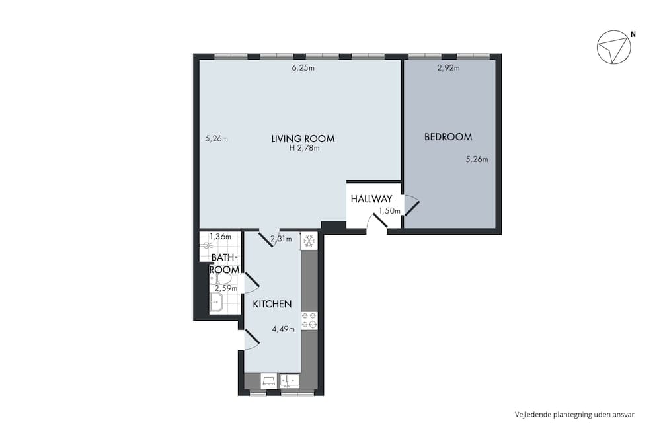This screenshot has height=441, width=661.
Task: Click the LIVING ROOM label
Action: pyautogui.click(x=303, y=139)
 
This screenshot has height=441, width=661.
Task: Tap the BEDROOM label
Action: pyautogui.click(x=448, y=137)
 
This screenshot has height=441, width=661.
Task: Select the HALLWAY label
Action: pyautogui.click(x=371, y=198)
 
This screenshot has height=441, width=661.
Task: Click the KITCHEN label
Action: pyautogui.click(x=272, y=304)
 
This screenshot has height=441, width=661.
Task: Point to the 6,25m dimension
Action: pyautogui.click(x=303, y=68)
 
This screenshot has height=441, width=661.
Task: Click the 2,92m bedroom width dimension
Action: pyautogui.click(x=449, y=67)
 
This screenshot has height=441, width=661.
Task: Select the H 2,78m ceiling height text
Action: pyautogui.click(x=304, y=148)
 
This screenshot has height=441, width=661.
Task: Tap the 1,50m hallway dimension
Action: pyautogui.click(x=389, y=211)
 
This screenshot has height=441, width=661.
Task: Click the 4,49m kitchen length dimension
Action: pyautogui.click(x=283, y=328)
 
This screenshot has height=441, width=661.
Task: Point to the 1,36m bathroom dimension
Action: pyautogui.click(x=220, y=236)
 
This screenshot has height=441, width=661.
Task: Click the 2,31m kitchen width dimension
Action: pyautogui.click(x=281, y=239)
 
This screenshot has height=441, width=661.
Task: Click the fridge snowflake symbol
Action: pyautogui.click(x=309, y=241)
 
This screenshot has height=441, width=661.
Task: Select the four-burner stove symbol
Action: pyautogui.click(x=309, y=321)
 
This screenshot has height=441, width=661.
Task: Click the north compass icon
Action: pyautogui.click(x=613, y=48)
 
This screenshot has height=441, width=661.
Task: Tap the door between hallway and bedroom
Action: pyautogui.click(x=411, y=206)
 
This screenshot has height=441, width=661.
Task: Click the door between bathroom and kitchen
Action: pyautogui.click(x=251, y=283)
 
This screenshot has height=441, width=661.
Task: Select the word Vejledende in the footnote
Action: pyautogui.click(x=532, y=415)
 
